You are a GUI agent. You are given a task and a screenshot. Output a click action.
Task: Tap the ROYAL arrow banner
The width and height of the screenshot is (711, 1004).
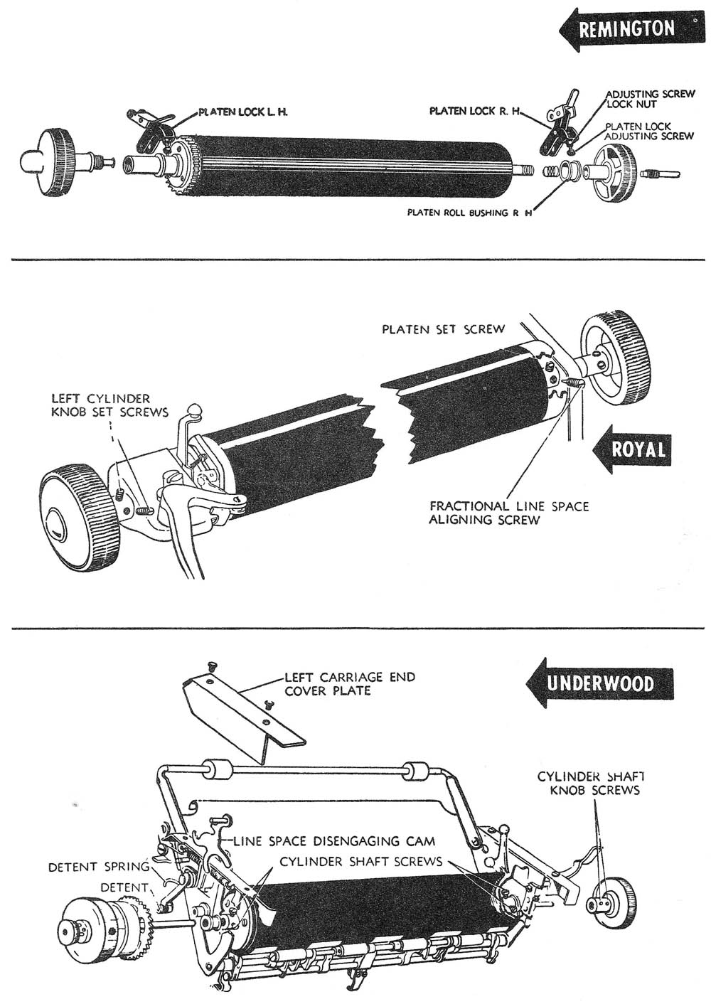coord(630,449)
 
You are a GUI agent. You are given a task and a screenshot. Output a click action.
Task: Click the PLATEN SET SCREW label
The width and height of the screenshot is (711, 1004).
coord(443,329)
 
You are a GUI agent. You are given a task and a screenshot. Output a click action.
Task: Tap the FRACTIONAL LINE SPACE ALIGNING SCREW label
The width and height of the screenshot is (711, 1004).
coord(508,513)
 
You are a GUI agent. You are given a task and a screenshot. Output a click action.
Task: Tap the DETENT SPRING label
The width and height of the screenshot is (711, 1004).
coord(98,867)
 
